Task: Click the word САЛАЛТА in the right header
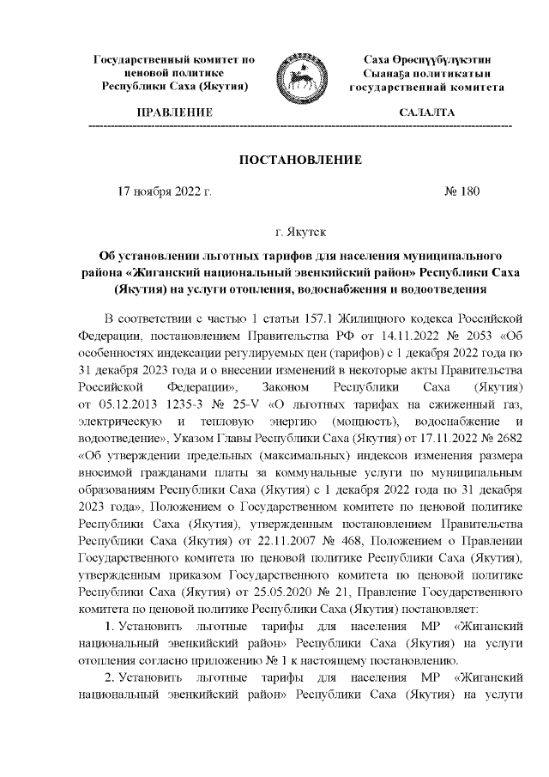[x=427, y=113]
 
